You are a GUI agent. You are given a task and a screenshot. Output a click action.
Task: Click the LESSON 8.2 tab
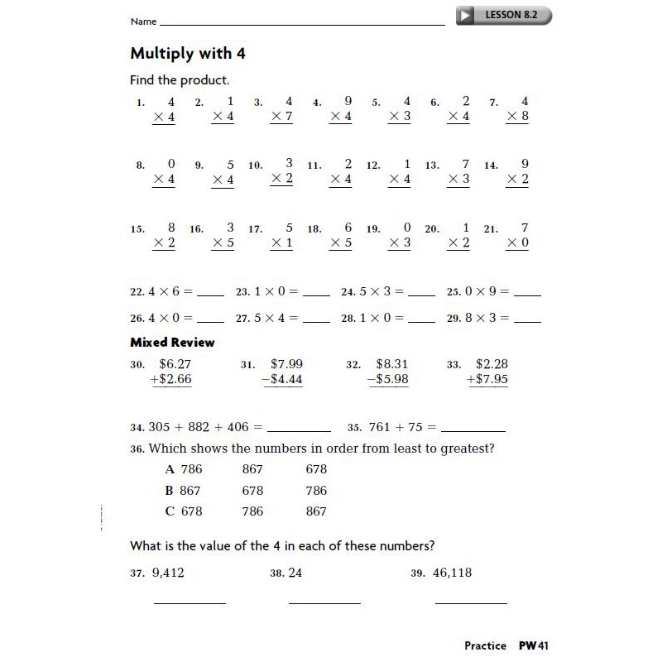tap(505, 15)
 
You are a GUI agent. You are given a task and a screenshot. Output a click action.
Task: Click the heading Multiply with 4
tap(188, 54)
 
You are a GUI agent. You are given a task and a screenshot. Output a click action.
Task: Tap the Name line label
tap(143, 22)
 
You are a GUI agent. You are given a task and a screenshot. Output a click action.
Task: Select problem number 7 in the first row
tap(493, 103)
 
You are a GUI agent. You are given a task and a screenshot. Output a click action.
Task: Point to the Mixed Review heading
tap(172, 342)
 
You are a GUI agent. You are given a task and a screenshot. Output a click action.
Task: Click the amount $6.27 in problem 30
tap(175, 363)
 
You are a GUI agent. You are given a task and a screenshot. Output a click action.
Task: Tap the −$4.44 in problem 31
tap(281, 379)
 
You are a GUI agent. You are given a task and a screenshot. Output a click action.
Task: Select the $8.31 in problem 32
tap(391, 363)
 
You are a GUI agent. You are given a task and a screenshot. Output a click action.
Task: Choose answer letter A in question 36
tap(170, 469)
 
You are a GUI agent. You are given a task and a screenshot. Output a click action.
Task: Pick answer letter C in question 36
tap(170, 511)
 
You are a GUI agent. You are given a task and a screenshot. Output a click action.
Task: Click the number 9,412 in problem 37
tap(168, 572)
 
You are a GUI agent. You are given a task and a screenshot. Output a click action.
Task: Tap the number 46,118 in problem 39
tap(451, 572)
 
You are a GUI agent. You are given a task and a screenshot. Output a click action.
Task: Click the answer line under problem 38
tap(324, 602)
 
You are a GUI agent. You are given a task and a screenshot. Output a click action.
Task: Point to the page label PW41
tap(534, 645)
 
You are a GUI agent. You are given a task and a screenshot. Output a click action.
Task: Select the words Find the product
tap(180, 80)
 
